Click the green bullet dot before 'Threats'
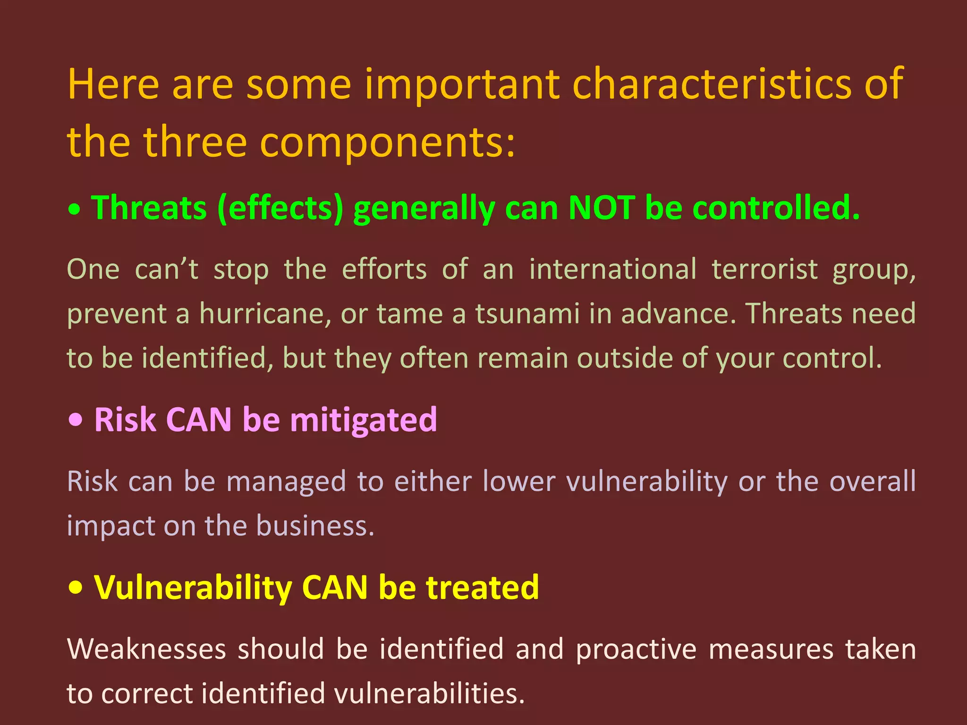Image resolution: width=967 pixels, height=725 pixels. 75,210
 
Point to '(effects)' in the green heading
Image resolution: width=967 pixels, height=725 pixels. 280,209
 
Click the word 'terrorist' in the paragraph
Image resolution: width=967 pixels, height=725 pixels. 764,270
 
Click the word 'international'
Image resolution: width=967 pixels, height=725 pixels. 612,270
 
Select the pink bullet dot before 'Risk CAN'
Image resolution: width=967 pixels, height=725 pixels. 76,420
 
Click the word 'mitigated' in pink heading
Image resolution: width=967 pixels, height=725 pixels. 364,420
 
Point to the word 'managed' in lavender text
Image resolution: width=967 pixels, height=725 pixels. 286,482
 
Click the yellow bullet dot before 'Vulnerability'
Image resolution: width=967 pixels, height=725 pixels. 76,588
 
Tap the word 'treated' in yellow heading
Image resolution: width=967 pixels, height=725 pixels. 482,588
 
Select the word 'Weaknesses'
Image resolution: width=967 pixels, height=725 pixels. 146,649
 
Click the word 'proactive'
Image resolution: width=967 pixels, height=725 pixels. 636,649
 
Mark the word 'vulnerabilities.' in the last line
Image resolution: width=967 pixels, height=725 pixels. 429,694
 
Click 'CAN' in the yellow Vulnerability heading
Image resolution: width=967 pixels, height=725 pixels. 334,588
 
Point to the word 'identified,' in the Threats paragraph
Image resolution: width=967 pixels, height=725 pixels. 207,358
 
